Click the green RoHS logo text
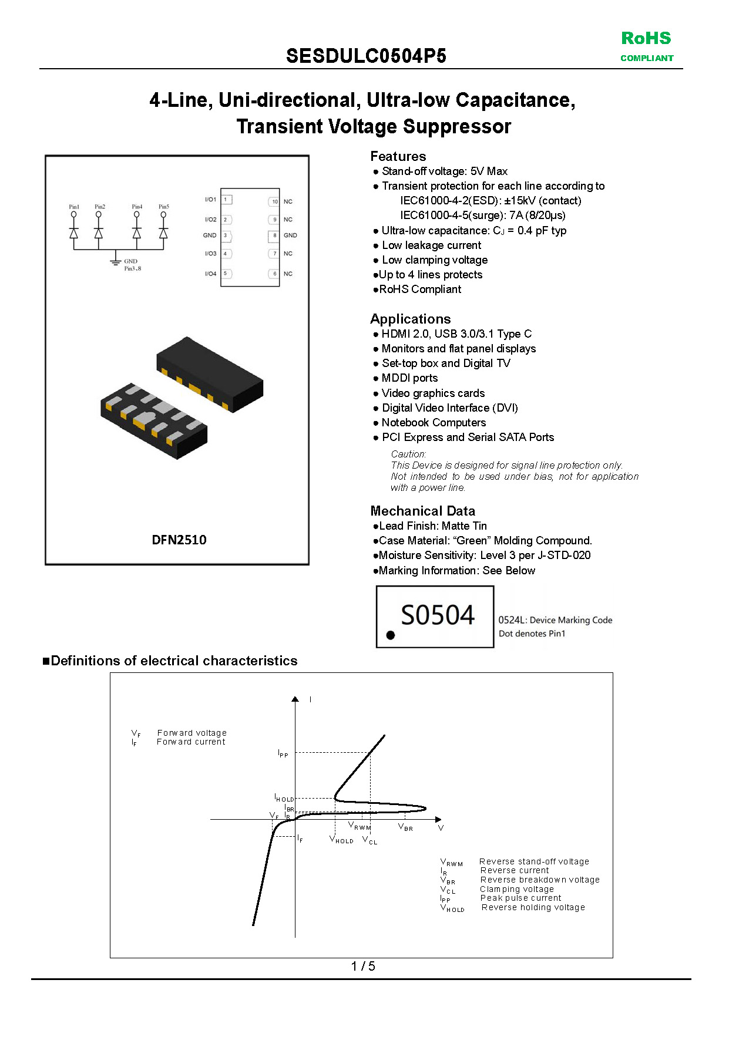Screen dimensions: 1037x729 [646, 39]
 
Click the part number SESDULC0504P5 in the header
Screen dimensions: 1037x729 [366, 56]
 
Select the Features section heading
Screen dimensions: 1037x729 [398, 156]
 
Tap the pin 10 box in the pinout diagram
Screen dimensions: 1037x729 [274, 201]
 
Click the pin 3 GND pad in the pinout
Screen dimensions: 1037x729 [226, 235]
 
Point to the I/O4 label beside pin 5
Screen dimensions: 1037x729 [210, 274]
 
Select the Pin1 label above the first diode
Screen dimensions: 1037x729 [74, 207]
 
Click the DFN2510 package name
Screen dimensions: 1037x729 [179, 540]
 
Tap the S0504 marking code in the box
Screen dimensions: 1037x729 [437, 615]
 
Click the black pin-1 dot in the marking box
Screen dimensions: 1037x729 [391, 635]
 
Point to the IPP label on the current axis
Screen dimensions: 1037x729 [283, 753]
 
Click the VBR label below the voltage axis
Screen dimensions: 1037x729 [405, 827]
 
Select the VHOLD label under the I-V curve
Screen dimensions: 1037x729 [341, 840]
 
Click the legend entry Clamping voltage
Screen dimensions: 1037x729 [516, 889]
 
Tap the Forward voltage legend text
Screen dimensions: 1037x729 [192, 733]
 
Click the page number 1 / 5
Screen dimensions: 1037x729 [363, 966]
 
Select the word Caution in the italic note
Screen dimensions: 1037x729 [408, 454]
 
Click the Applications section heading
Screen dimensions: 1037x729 [410, 319]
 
